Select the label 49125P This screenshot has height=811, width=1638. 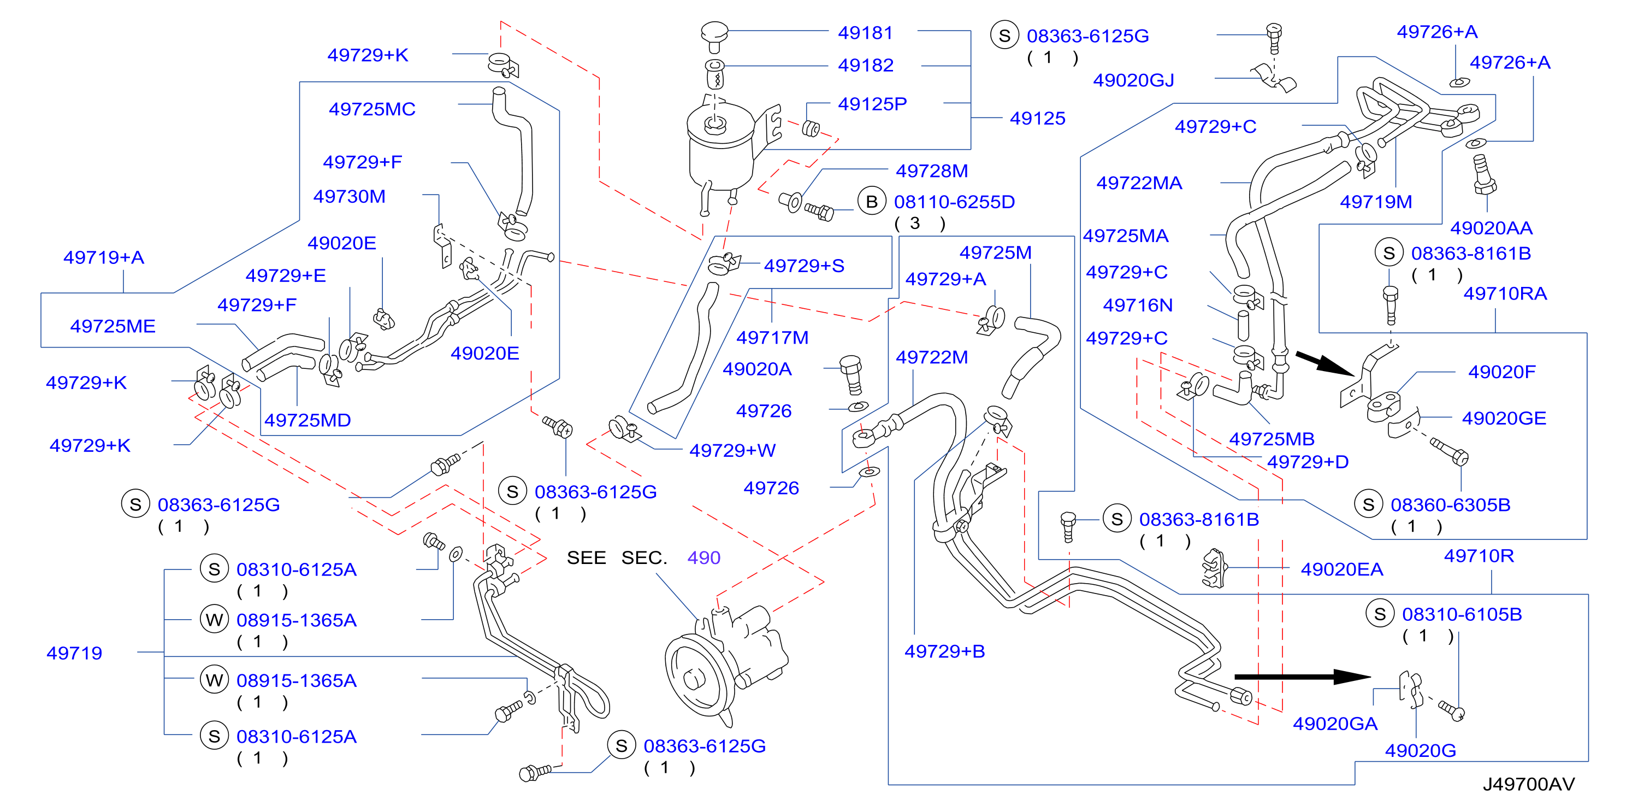point(872,104)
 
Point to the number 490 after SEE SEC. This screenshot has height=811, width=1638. point(703,558)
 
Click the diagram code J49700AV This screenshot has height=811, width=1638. point(1529,784)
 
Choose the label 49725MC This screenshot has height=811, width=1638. point(372,109)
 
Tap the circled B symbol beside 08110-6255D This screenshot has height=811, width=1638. point(872,202)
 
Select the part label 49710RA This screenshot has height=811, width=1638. point(1505,293)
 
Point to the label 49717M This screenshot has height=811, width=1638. point(772,337)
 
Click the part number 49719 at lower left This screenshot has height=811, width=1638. point(74,653)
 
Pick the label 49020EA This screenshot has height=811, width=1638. point(1341,569)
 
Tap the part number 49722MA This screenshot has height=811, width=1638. point(1139,183)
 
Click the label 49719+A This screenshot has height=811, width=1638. point(104,257)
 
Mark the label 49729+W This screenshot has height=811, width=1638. point(732,450)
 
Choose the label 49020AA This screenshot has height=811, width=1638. point(1491,228)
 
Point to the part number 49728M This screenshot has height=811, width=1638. point(932,171)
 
